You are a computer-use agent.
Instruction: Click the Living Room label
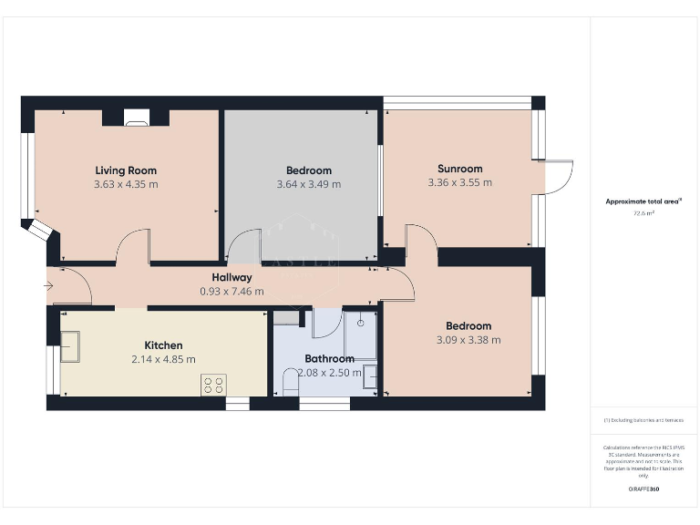pyautogui.click(x=126, y=170)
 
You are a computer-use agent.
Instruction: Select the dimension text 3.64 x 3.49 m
pyautogui.click(x=308, y=184)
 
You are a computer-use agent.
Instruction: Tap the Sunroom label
pyautogui.click(x=459, y=169)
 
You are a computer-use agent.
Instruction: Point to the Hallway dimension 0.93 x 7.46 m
pyautogui.click(x=232, y=292)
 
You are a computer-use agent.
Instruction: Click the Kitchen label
pyautogui.click(x=163, y=345)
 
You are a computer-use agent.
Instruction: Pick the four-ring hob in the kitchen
pyautogui.click(x=213, y=385)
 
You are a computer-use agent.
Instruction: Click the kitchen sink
pyautogui.click(x=70, y=347)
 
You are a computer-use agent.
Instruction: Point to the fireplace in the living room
pyautogui.click(x=136, y=117)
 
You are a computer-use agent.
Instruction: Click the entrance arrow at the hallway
pyautogui.click(x=48, y=286)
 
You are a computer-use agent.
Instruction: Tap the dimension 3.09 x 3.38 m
pyautogui.click(x=468, y=340)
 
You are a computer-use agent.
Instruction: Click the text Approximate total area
pyautogui.click(x=644, y=202)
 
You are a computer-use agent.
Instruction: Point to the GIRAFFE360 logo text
pyautogui.click(x=643, y=489)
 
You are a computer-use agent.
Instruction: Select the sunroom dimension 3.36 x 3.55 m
pyautogui.click(x=459, y=182)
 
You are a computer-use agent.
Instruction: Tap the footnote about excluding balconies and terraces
pyautogui.click(x=643, y=420)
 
